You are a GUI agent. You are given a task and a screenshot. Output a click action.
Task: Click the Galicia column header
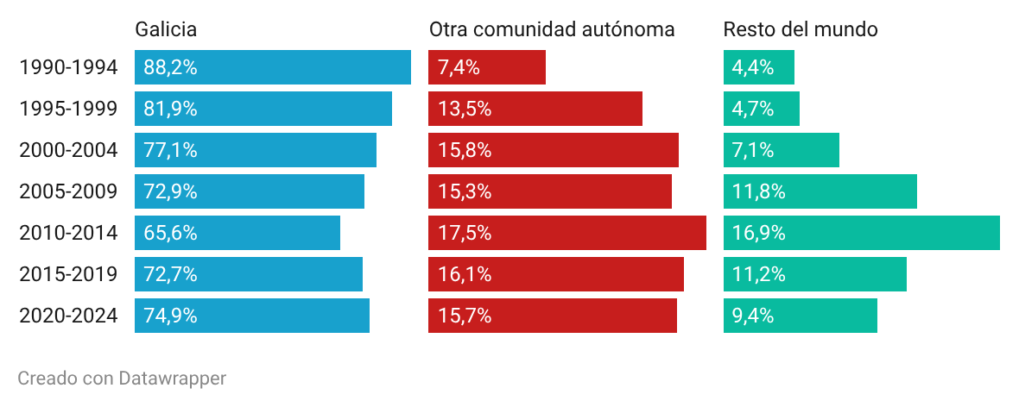click(166, 29)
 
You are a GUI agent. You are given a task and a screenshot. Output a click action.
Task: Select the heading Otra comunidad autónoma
click(552, 29)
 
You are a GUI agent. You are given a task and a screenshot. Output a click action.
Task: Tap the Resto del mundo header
click(801, 29)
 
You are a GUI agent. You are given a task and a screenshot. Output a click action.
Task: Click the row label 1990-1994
click(68, 67)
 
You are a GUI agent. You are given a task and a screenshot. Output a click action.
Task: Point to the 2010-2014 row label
click(68, 233)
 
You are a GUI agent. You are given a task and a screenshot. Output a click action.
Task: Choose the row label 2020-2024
click(68, 316)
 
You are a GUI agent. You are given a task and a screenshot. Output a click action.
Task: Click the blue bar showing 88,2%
click(273, 67)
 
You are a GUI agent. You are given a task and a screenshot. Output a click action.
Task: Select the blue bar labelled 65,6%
click(237, 233)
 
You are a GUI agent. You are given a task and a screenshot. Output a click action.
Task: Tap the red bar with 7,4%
click(487, 67)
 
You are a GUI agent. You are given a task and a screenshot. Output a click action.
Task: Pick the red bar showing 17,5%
click(567, 233)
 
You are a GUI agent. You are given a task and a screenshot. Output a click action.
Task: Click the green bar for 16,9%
click(862, 233)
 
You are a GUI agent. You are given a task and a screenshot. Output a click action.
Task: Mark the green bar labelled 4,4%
click(759, 67)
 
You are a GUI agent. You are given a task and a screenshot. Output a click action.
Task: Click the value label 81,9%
click(170, 109)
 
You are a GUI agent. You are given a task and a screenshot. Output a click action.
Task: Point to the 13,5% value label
click(464, 109)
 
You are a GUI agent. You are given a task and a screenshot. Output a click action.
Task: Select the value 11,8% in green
click(758, 191)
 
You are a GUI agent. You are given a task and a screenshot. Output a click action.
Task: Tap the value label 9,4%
click(752, 316)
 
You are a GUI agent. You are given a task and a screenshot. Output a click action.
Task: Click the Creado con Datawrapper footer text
click(122, 379)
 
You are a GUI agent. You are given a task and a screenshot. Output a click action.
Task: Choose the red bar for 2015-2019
click(556, 274)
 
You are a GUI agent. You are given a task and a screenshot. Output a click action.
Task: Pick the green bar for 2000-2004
click(782, 151)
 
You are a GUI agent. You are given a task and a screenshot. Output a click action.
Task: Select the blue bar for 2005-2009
click(250, 191)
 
